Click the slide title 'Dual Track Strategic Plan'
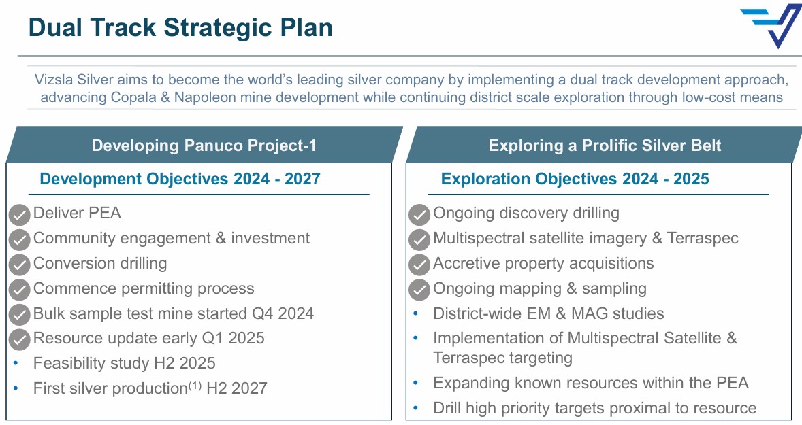point(180,28)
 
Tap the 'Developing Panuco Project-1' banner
point(205,146)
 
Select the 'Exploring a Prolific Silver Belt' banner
point(605,146)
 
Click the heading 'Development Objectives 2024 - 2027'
point(180,179)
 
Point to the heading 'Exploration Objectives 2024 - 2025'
point(575,179)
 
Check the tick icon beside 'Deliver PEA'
point(20,215)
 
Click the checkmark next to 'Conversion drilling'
point(20,265)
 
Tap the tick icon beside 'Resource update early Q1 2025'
point(20,340)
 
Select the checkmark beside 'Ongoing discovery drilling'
point(419,215)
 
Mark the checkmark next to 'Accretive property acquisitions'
point(419,265)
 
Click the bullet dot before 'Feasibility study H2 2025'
point(16,363)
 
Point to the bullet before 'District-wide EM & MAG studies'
point(416,313)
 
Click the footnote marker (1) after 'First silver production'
point(195,385)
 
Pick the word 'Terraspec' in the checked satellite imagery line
point(703,238)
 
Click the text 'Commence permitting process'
point(144,288)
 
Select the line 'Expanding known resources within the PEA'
point(591,383)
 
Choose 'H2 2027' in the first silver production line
point(237,388)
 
